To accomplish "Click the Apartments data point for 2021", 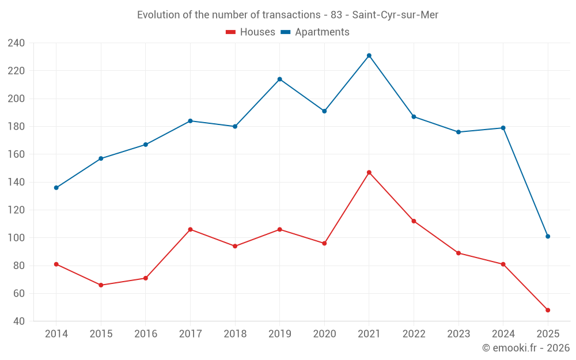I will point(369,55).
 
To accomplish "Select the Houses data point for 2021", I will point(369,172).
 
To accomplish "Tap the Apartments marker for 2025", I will point(548,236).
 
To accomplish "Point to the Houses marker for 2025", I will point(548,310).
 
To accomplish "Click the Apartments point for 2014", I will point(56,188).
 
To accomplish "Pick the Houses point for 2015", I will point(101,285).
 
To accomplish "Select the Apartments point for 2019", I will point(280,79).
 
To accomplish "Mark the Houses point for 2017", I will point(191,229).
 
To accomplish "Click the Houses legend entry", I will point(251,32).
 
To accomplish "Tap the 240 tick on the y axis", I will point(16,43).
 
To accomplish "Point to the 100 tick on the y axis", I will point(16,238).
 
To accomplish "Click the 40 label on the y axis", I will point(19,321).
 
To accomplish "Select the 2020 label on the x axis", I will point(324,334).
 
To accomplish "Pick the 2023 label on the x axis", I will point(458,334).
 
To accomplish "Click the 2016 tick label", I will point(146,334).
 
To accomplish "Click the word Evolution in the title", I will point(156,15).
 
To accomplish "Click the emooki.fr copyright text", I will point(526,348).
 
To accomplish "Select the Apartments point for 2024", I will point(503,128).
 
